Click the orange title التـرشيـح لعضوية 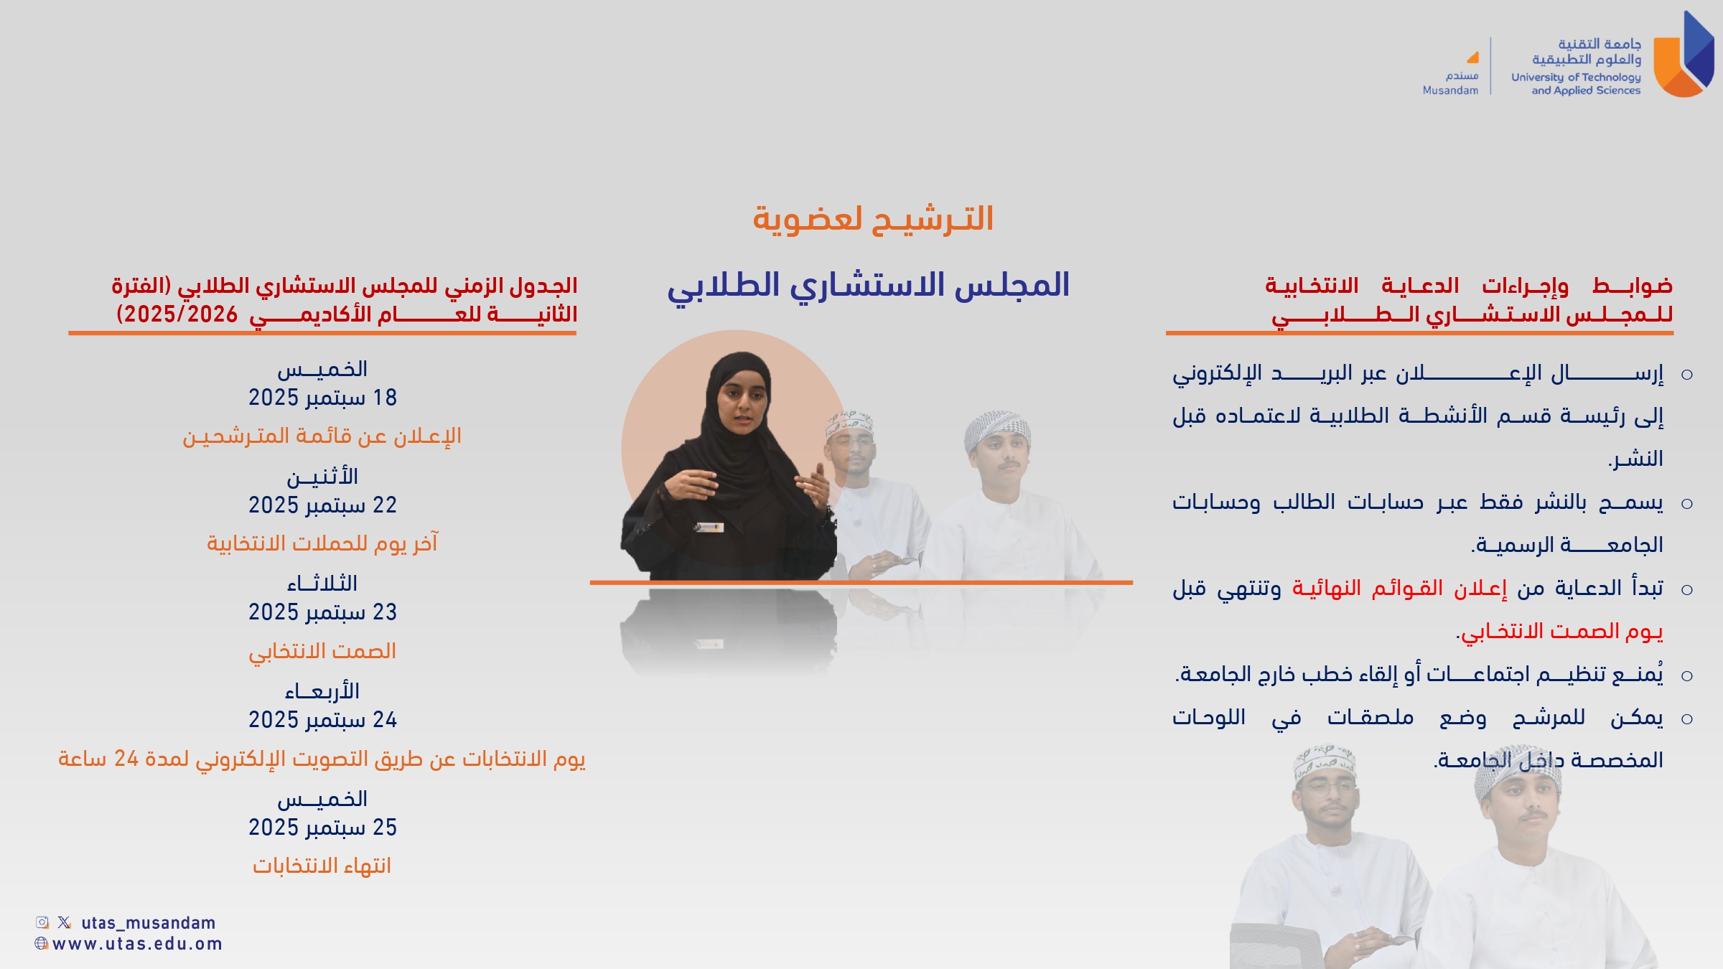pos(873,219)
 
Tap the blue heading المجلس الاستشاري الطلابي pos(868,286)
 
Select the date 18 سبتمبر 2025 pos(322,398)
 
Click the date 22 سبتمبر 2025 pos(322,505)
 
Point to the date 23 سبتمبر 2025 pos(322,612)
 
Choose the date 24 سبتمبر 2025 pos(322,720)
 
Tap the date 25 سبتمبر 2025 pos(322,828)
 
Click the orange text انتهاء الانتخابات pos(322,866)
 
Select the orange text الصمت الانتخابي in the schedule pos(322,651)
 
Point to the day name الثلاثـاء pos(322,584)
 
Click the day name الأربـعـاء pos(322,691)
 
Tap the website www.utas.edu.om pos(137,944)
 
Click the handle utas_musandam pos(149,923)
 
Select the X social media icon pos(65,922)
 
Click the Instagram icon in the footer pos(42,922)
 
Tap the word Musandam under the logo pos(1450,90)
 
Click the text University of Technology pos(1576,78)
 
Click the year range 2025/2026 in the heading pos(177,314)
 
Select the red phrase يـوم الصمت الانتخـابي pos(1561,632)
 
